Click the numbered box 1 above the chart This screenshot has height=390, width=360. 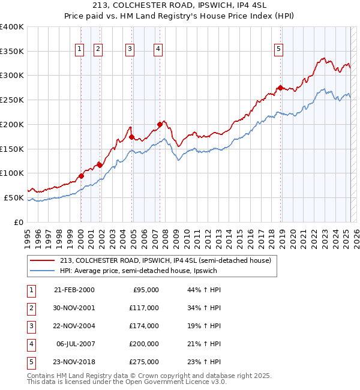pos(79,50)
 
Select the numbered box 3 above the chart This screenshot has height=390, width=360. pos(130,50)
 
